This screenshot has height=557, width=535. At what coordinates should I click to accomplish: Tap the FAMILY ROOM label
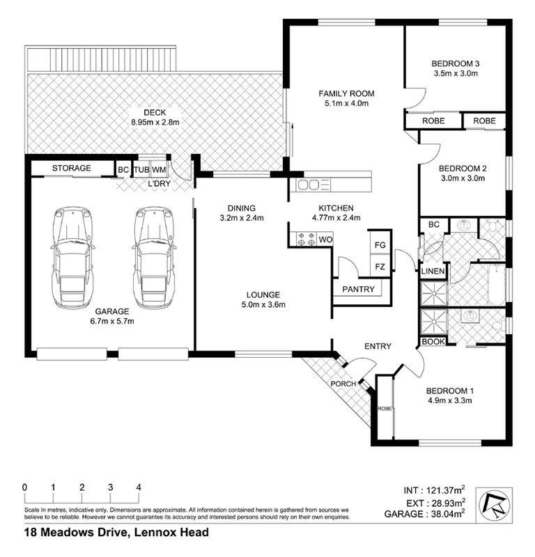pyautogui.click(x=346, y=93)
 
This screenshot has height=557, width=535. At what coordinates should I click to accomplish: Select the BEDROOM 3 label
pyautogui.click(x=456, y=63)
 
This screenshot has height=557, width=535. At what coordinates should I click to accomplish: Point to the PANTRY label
pyautogui.click(x=358, y=290)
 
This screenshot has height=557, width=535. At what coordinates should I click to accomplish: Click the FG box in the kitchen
pyautogui.click(x=380, y=245)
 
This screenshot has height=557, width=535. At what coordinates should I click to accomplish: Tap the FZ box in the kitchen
pyautogui.click(x=380, y=267)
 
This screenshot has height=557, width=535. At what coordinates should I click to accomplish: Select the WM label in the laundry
pyautogui.click(x=159, y=169)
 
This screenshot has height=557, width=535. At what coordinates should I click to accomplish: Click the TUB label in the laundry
pyautogui.click(x=141, y=169)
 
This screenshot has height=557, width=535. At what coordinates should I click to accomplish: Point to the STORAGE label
pyautogui.click(x=71, y=168)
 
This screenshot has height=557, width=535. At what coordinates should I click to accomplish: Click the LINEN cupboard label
pyautogui.click(x=433, y=270)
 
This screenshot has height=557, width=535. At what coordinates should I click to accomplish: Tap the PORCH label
pyautogui.click(x=343, y=384)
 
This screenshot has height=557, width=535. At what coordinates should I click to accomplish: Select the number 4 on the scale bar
pyautogui.click(x=139, y=487)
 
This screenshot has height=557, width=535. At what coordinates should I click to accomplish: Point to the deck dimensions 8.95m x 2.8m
pyautogui.click(x=155, y=123)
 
